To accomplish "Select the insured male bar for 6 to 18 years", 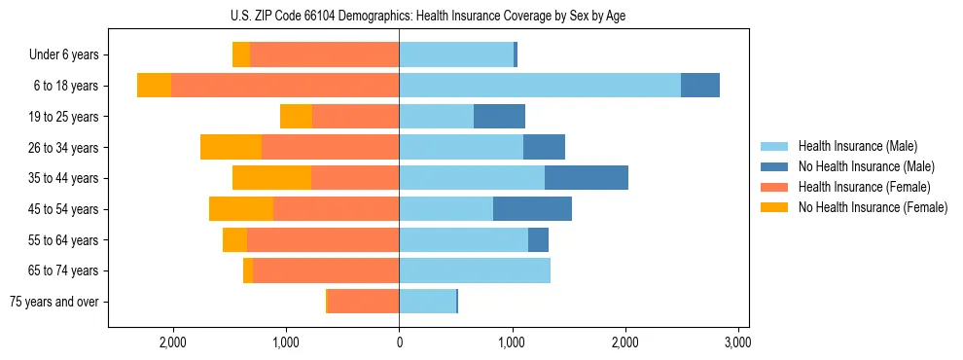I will [540, 85].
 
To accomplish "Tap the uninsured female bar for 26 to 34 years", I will [231, 147].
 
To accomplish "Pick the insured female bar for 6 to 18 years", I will [285, 85].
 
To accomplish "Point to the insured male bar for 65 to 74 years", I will [475, 270].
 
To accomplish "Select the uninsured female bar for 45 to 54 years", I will [241, 208].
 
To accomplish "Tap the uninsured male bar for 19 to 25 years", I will [499, 116].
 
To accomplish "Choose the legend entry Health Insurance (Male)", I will [857, 146].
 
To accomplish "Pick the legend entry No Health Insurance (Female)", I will [873, 207].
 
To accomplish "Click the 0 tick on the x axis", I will [399, 342].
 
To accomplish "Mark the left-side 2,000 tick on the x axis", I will [173, 342].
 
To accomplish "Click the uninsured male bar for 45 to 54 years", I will [532, 208].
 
